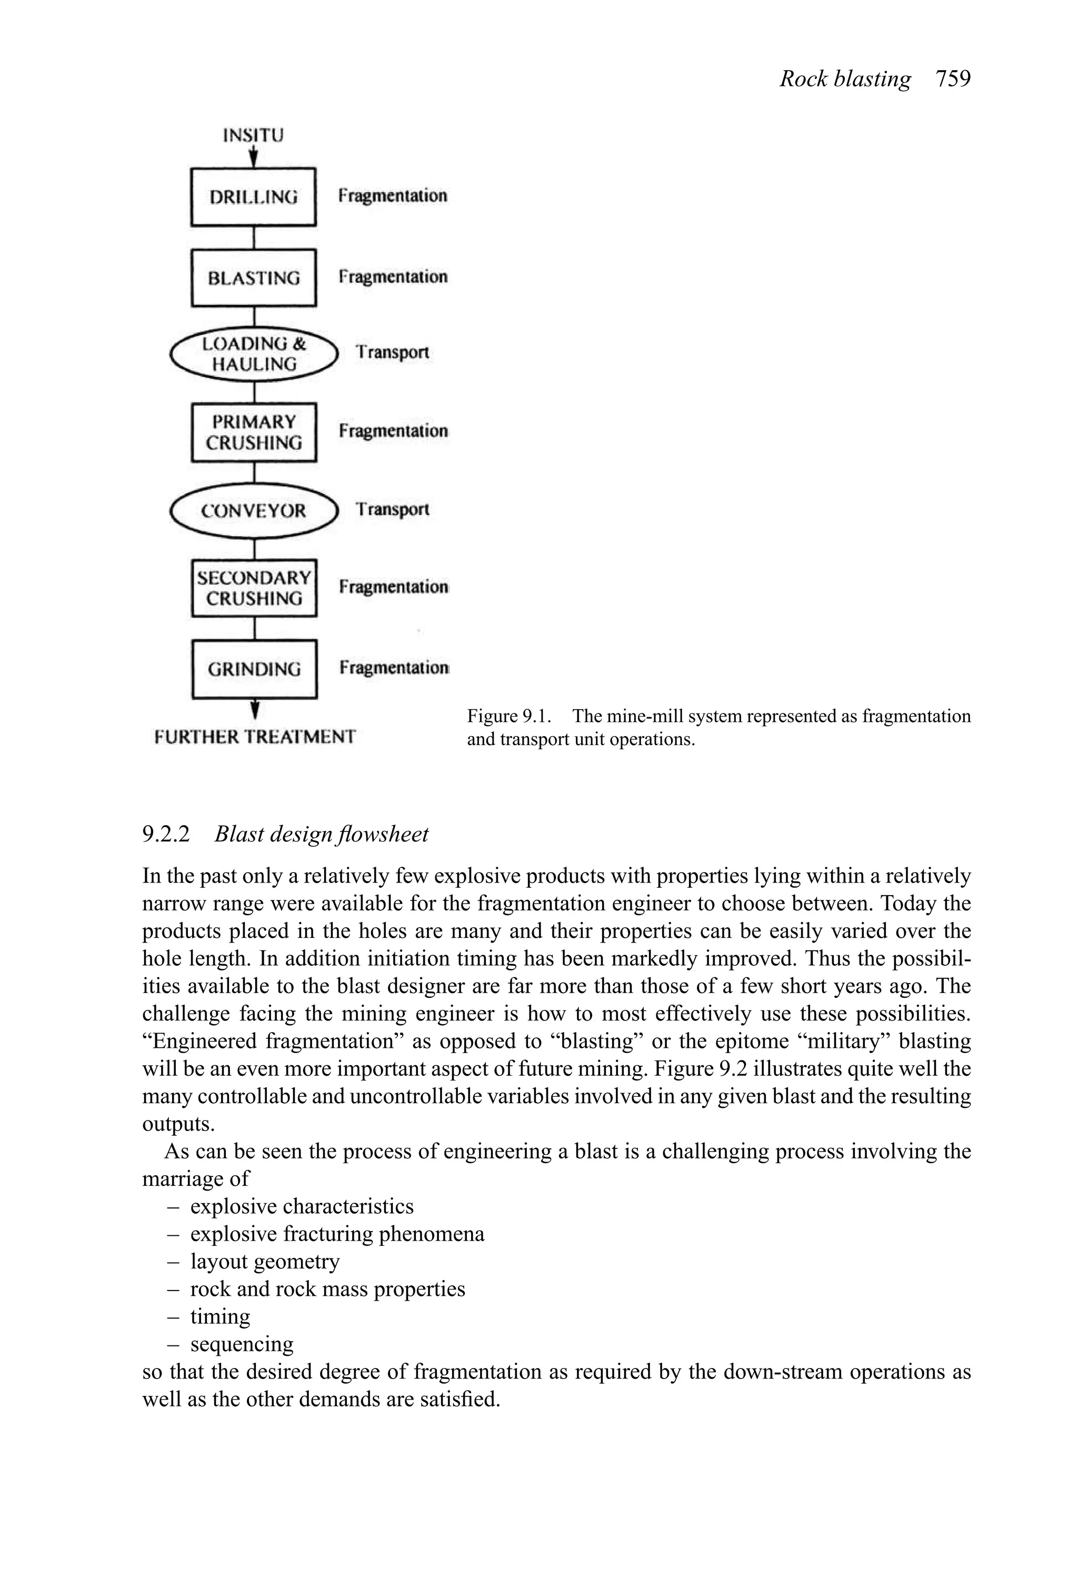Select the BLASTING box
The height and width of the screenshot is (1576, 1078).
pos(254,278)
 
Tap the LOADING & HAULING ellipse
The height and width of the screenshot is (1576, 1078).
pos(254,354)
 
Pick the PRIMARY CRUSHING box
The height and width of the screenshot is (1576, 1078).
pos(254,433)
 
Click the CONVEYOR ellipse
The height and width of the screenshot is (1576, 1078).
pos(254,511)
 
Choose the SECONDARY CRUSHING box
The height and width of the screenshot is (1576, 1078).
pos(254,588)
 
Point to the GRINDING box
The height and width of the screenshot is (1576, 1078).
pos(254,669)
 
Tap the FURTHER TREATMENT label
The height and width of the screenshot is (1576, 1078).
pos(255,737)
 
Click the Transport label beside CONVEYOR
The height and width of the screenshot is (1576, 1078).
pos(393,509)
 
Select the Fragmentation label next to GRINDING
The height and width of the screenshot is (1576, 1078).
pos(393,668)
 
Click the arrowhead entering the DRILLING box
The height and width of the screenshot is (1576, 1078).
pos(254,161)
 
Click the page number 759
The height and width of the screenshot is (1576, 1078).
pos(953,78)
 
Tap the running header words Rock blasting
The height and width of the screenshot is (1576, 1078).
pos(845,78)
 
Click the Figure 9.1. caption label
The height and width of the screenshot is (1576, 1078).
pos(508,716)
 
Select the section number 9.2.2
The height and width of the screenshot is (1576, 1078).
pos(166,834)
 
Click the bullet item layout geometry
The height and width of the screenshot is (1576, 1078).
pos(264,1261)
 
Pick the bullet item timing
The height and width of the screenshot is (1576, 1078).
pos(219,1316)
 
